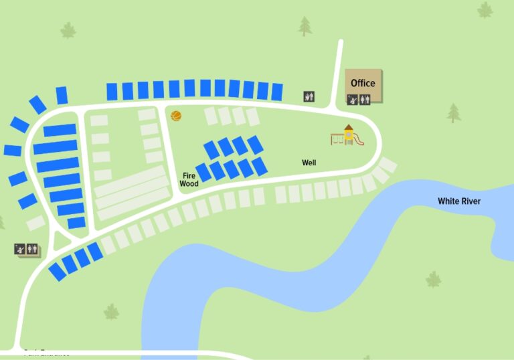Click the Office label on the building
pos(363,84)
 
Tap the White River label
pos(458,201)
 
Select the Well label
pos(309,163)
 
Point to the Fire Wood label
pos(189,179)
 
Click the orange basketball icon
pos(176,116)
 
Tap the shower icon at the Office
pos(352,100)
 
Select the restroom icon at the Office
pos(364,100)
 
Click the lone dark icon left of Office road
pos(309,96)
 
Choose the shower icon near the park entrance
pos(21,250)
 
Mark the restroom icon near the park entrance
pos(32,250)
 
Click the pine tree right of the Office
pos(454,112)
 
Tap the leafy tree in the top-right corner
pos(485,9)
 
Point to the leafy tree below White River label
pos(434,279)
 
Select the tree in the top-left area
pos(68,30)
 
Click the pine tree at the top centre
pos(305,26)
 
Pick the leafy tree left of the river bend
pos(111,312)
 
